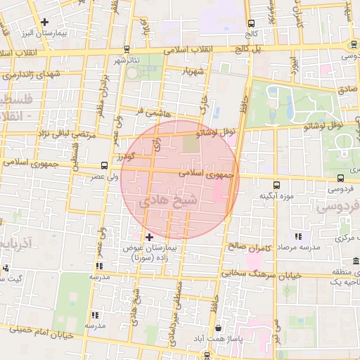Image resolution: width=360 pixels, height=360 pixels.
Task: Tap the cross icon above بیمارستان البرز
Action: (46, 22)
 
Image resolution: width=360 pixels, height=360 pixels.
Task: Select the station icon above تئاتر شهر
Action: (127, 49)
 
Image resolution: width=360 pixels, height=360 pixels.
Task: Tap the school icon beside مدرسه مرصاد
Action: (298, 237)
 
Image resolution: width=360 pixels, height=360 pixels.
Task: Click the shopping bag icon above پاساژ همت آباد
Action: (219, 328)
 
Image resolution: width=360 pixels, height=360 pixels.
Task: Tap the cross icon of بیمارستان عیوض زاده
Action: (149, 237)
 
